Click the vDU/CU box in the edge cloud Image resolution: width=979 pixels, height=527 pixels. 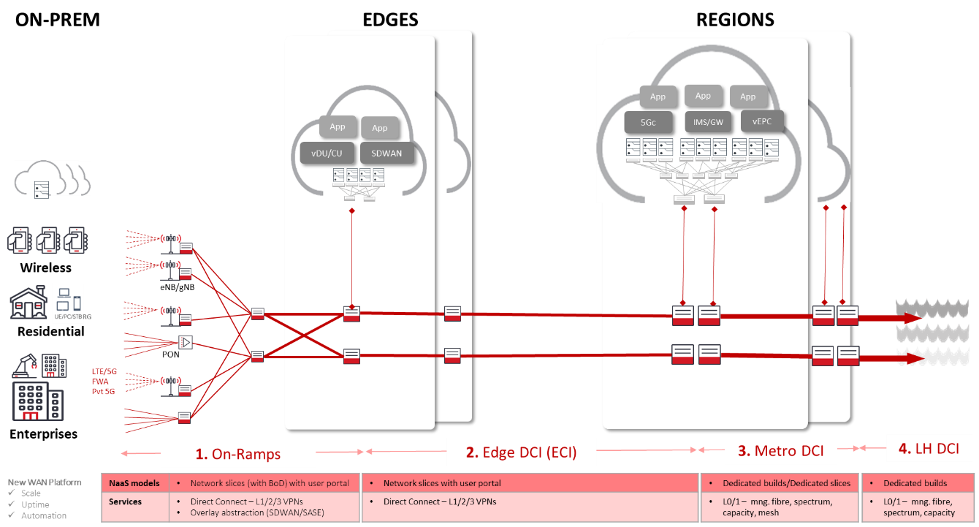327,153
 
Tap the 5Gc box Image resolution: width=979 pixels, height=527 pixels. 649,122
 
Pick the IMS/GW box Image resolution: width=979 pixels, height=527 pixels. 708,122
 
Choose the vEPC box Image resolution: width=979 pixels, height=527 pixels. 762,121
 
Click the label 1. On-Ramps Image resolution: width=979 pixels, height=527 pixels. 238,454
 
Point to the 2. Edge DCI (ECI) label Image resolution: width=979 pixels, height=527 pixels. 521,452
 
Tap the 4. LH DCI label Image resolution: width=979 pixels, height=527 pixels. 928,448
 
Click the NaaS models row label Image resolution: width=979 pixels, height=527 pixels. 134,483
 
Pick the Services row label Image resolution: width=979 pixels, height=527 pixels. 125,502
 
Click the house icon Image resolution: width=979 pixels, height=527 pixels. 28,302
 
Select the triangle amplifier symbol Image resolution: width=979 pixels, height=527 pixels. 185,341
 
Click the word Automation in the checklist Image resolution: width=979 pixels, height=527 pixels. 44,515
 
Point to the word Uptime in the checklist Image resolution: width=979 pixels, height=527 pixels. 35,504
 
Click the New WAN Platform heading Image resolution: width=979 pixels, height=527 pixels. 45,482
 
